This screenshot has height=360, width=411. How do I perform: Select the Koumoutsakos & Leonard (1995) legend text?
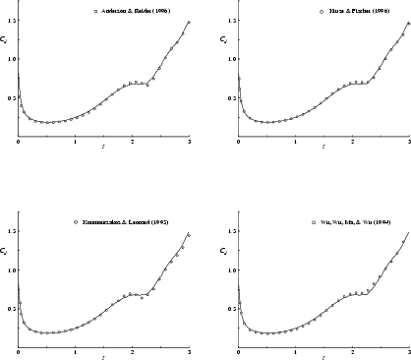click(x=125, y=222)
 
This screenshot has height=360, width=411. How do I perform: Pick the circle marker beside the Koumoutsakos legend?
click(x=76, y=222)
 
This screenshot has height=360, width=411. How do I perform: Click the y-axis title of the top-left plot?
click(x=6, y=40)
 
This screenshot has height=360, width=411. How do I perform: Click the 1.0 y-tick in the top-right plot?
click(x=229, y=58)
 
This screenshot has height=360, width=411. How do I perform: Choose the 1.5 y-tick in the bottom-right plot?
click(x=229, y=231)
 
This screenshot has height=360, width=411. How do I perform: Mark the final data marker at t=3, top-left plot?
click(x=189, y=23)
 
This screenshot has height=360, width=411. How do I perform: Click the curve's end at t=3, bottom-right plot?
click(x=409, y=232)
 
